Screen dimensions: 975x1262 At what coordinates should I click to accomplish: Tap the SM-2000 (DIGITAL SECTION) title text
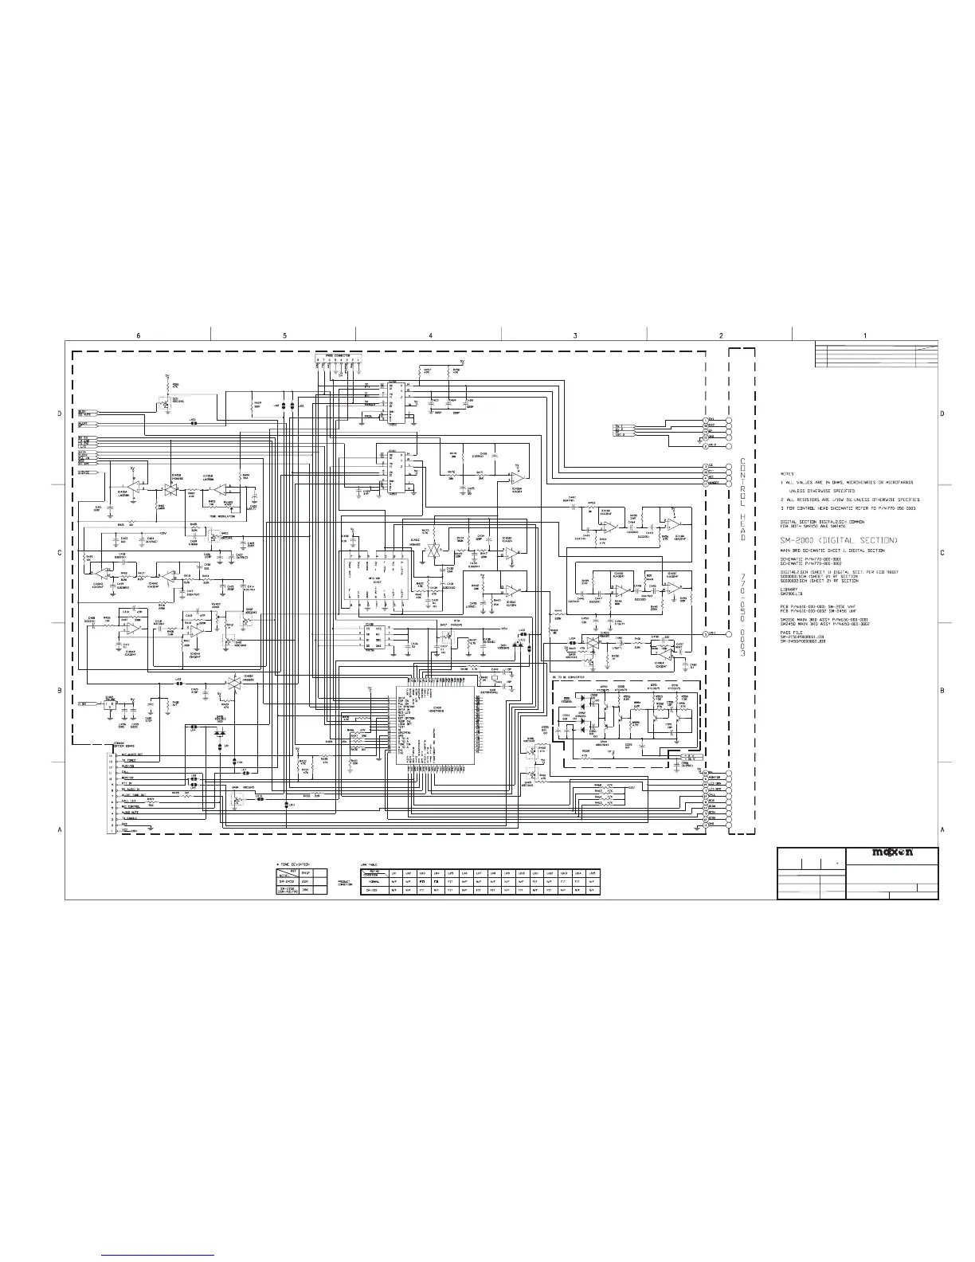tap(845, 541)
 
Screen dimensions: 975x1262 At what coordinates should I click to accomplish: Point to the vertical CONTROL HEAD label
tap(742, 499)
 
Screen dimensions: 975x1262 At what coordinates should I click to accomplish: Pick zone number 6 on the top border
tap(138, 335)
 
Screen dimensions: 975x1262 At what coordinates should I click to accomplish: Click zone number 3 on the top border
tap(574, 335)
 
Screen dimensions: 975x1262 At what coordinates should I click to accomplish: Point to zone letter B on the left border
tap(59, 690)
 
